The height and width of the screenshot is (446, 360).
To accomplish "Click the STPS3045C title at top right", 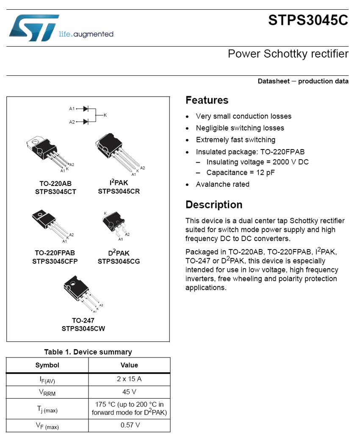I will (x=308, y=20).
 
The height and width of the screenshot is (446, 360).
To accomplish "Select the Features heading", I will (x=207, y=100).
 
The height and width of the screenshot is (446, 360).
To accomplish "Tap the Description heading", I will (x=214, y=205).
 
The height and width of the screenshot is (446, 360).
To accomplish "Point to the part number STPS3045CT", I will (x=55, y=191).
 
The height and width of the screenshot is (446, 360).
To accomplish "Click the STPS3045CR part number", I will (x=119, y=191).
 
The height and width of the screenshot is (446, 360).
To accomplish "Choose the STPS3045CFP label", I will (x=55, y=261).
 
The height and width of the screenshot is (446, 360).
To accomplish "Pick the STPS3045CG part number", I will (x=119, y=261).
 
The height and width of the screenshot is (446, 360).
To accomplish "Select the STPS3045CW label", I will (x=83, y=328).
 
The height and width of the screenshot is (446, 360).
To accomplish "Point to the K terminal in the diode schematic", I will (x=105, y=115).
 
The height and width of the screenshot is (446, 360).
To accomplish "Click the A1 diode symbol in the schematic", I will (x=86, y=109).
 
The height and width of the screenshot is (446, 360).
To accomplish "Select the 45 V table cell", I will (x=129, y=392).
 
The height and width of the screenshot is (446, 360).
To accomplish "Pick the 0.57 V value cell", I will (x=129, y=425).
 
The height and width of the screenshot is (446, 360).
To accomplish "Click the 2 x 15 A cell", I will (x=129, y=379).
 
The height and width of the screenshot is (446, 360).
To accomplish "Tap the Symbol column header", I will (x=47, y=365).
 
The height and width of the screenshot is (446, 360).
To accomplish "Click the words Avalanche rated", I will (x=222, y=184).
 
